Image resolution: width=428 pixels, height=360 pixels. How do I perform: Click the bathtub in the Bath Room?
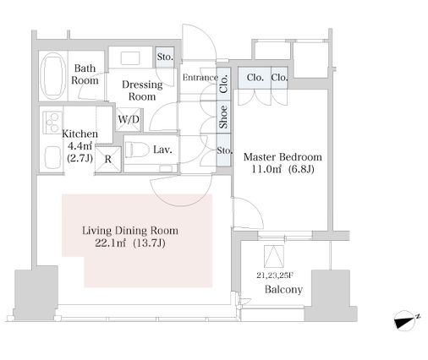pyautogui.click(x=53, y=76)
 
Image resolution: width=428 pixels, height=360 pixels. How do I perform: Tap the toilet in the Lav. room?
pyautogui.click(x=137, y=150)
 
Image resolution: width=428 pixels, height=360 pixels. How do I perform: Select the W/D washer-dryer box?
pyautogui.click(x=129, y=119)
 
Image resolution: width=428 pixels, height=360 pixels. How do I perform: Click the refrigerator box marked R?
pyautogui.click(x=108, y=159)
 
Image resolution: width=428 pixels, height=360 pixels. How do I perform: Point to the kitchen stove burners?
pyautogui.click(x=52, y=123)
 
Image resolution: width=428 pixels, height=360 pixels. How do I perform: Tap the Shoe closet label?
pyautogui.click(x=224, y=117)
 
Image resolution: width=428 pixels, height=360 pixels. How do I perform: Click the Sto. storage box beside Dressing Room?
pyautogui.click(x=165, y=57)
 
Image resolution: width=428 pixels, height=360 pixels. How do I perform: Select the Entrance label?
pyautogui.click(x=200, y=78)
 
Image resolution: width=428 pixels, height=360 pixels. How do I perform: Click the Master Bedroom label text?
pyautogui.click(x=283, y=157)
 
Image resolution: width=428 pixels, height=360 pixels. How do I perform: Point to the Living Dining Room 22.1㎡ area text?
pyautogui.click(x=130, y=237)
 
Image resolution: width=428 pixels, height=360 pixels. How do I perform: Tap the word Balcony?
pyautogui.click(x=283, y=289)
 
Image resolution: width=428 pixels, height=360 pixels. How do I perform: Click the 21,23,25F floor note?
pyautogui.click(x=275, y=275)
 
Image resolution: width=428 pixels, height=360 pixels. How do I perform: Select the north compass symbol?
pyautogui.click(x=406, y=319)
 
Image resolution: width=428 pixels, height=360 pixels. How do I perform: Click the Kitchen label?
pyautogui.click(x=80, y=134)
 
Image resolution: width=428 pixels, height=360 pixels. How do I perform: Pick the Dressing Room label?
pyautogui.click(x=142, y=90)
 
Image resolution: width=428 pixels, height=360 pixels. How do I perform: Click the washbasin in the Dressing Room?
pyautogui.click(x=130, y=58)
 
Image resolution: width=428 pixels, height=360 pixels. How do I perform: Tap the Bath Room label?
pyautogui.click(x=85, y=74)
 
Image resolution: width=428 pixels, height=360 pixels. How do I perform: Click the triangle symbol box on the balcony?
pyautogui.click(x=274, y=256)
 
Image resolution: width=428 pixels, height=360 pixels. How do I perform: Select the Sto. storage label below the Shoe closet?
pyautogui.click(x=224, y=150)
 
